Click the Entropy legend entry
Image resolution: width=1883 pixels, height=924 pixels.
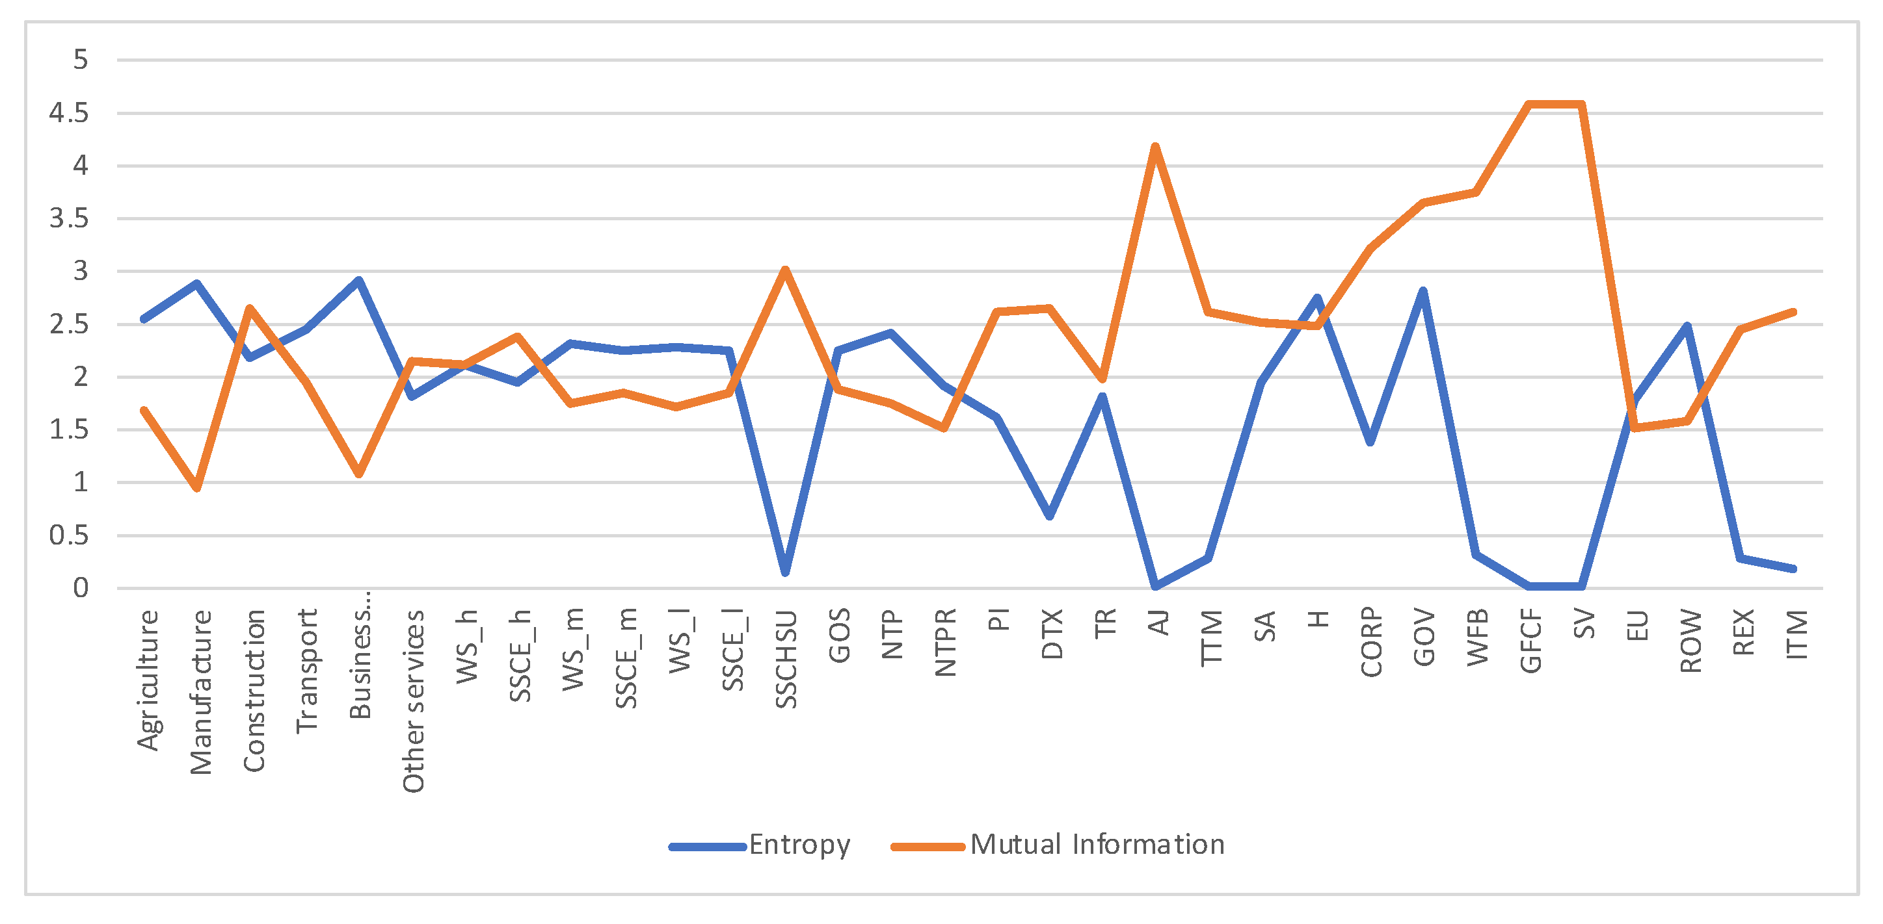[x=760, y=845]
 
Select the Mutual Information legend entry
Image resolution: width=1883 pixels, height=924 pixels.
[x=1058, y=845]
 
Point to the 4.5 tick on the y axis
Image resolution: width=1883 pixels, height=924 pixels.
[x=69, y=113]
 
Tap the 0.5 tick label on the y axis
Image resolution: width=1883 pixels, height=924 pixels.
[x=69, y=535]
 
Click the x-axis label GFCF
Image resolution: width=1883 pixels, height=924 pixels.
[x=1530, y=641]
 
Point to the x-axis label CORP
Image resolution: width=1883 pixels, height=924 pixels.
[x=1371, y=642]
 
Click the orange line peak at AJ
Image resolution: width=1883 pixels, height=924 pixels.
[x=1155, y=147]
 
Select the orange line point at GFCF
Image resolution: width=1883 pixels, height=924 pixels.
[x=1529, y=105]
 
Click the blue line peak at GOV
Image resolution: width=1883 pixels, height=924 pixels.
[x=1422, y=290]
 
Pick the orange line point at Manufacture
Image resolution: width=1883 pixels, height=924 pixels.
[x=197, y=488]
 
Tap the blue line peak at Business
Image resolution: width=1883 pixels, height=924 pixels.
[x=359, y=280]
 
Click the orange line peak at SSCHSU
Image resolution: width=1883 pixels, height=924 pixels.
[x=785, y=270]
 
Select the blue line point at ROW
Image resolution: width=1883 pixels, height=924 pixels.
[x=1687, y=326]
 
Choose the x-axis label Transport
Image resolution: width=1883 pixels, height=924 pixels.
[x=307, y=671]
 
